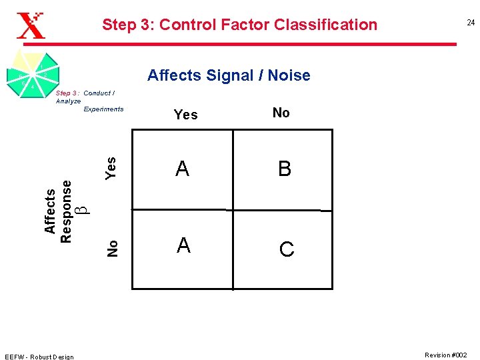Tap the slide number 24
470,23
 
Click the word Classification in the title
321,25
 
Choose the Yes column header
185,115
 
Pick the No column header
281,113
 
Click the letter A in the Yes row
183,169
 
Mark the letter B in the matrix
285,169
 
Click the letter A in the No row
184,246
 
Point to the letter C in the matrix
286,249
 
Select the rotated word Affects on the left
50,211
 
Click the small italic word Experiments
103,109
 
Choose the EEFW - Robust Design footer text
39,356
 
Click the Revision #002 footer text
446,355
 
